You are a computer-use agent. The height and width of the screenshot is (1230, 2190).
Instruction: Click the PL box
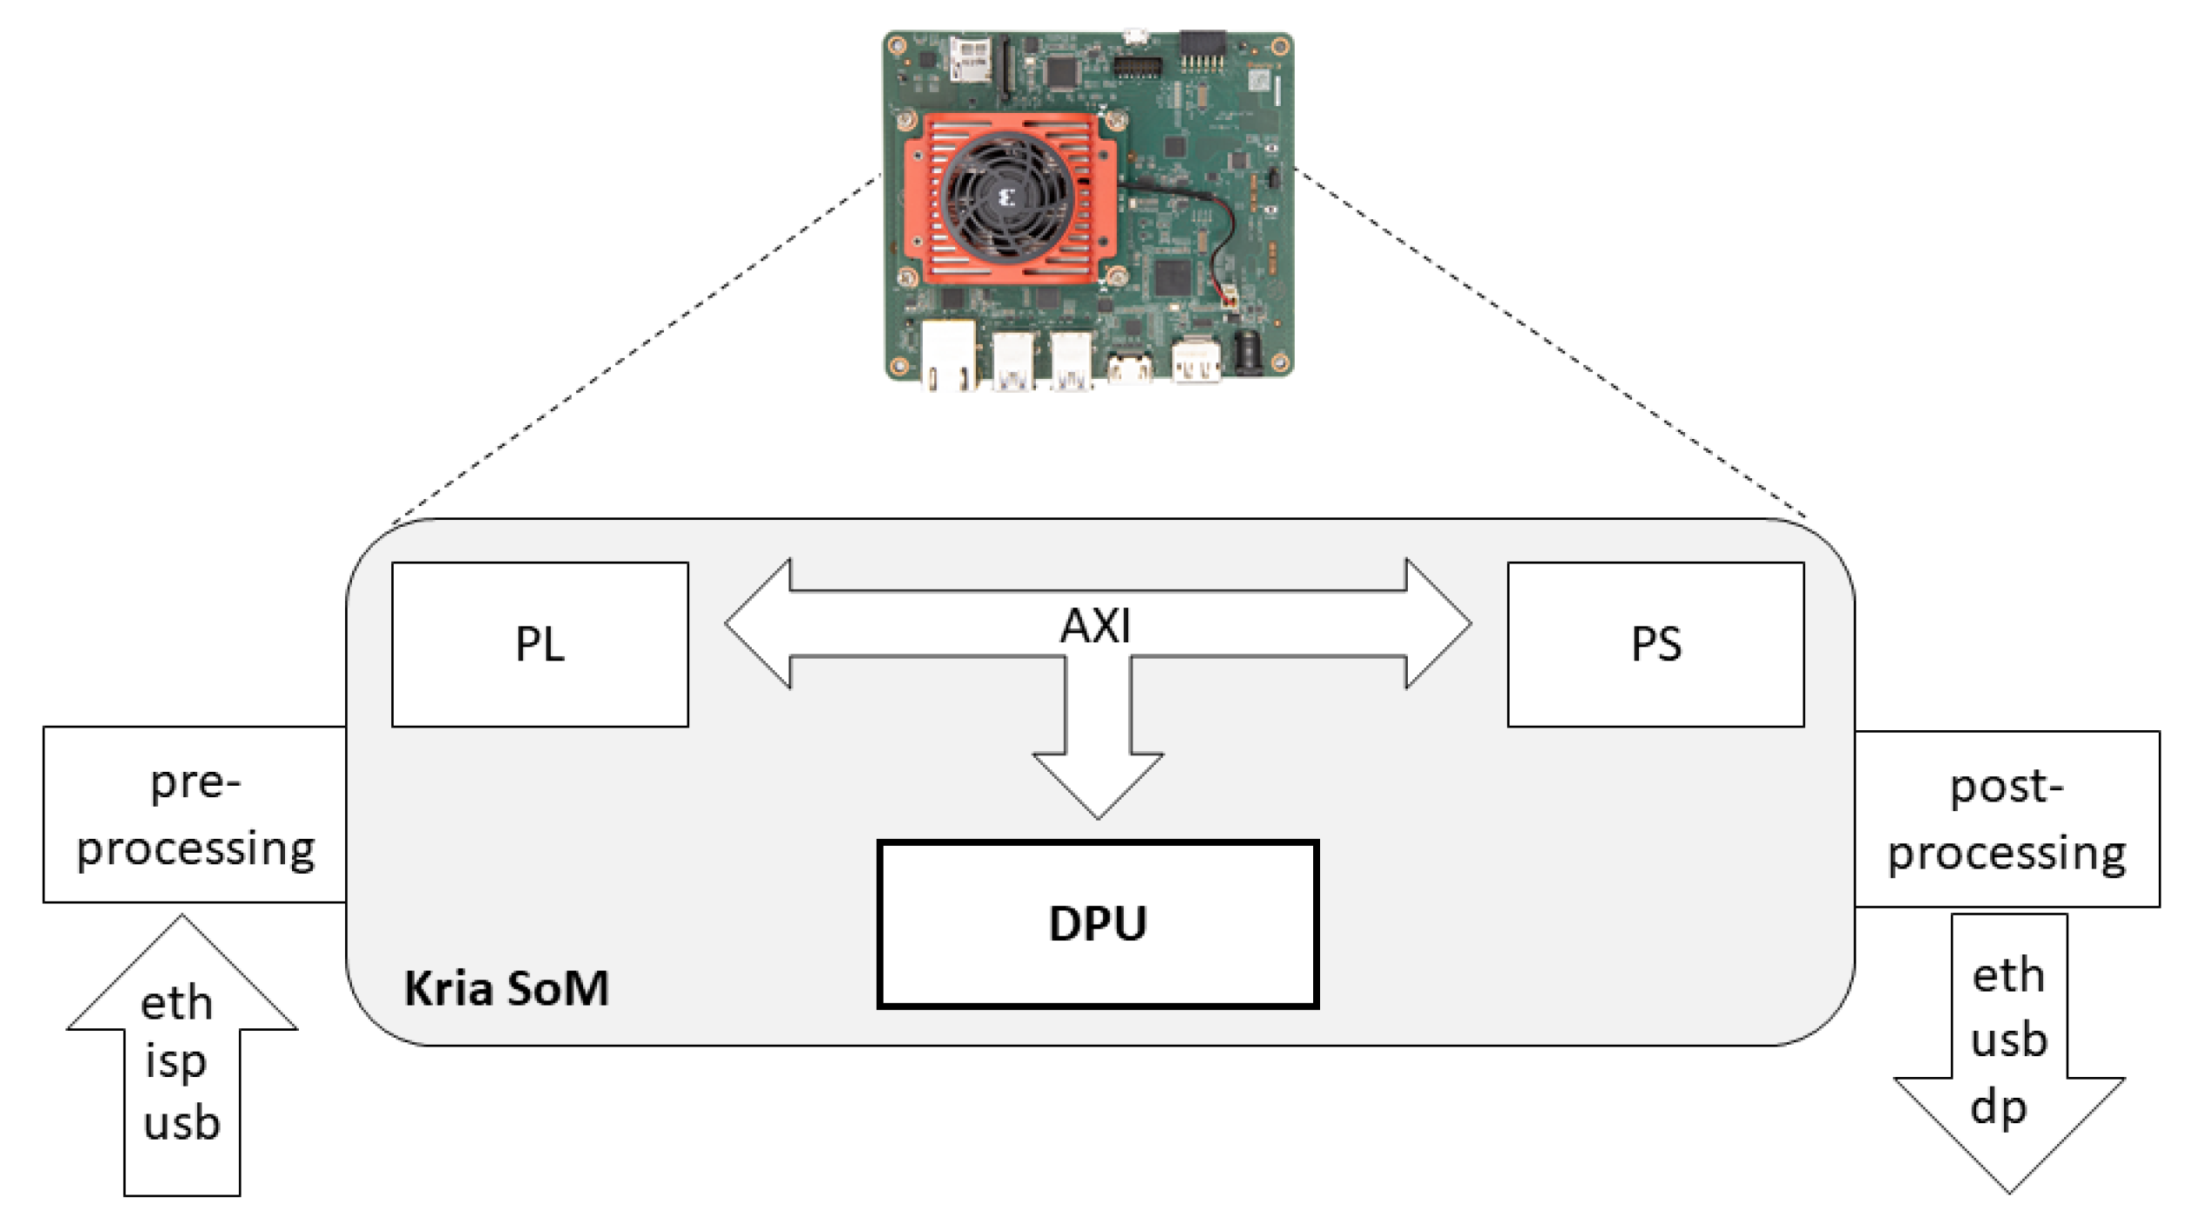click(x=540, y=644)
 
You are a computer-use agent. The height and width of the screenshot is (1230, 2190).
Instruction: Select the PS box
click(x=1656, y=644)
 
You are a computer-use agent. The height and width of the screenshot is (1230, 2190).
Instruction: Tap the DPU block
click(x=1098, y=924)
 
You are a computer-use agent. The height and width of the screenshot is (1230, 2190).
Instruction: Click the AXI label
click(x=1095, y=626)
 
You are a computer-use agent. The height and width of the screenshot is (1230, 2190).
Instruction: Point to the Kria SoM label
click(x=507, y=988)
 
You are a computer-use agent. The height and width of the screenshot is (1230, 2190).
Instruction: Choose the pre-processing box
click(x=195, y=814)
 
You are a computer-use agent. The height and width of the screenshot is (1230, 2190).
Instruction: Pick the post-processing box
click(x=2007, y=819)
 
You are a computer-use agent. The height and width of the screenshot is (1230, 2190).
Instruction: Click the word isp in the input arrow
click(x=176, y=1062)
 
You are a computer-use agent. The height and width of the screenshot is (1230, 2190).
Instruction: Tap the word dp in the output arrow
click(x=1999, y=1108)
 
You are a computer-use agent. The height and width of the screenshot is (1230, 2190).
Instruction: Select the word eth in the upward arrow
click(x=176, y=1004)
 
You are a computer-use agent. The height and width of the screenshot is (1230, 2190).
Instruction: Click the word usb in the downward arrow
click(x=2008, y=1041)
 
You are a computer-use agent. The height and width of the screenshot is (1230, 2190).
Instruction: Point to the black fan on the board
click(x=1008, y=198)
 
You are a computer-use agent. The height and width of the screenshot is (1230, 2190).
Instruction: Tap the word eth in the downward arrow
click(x=2007, y=976)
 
